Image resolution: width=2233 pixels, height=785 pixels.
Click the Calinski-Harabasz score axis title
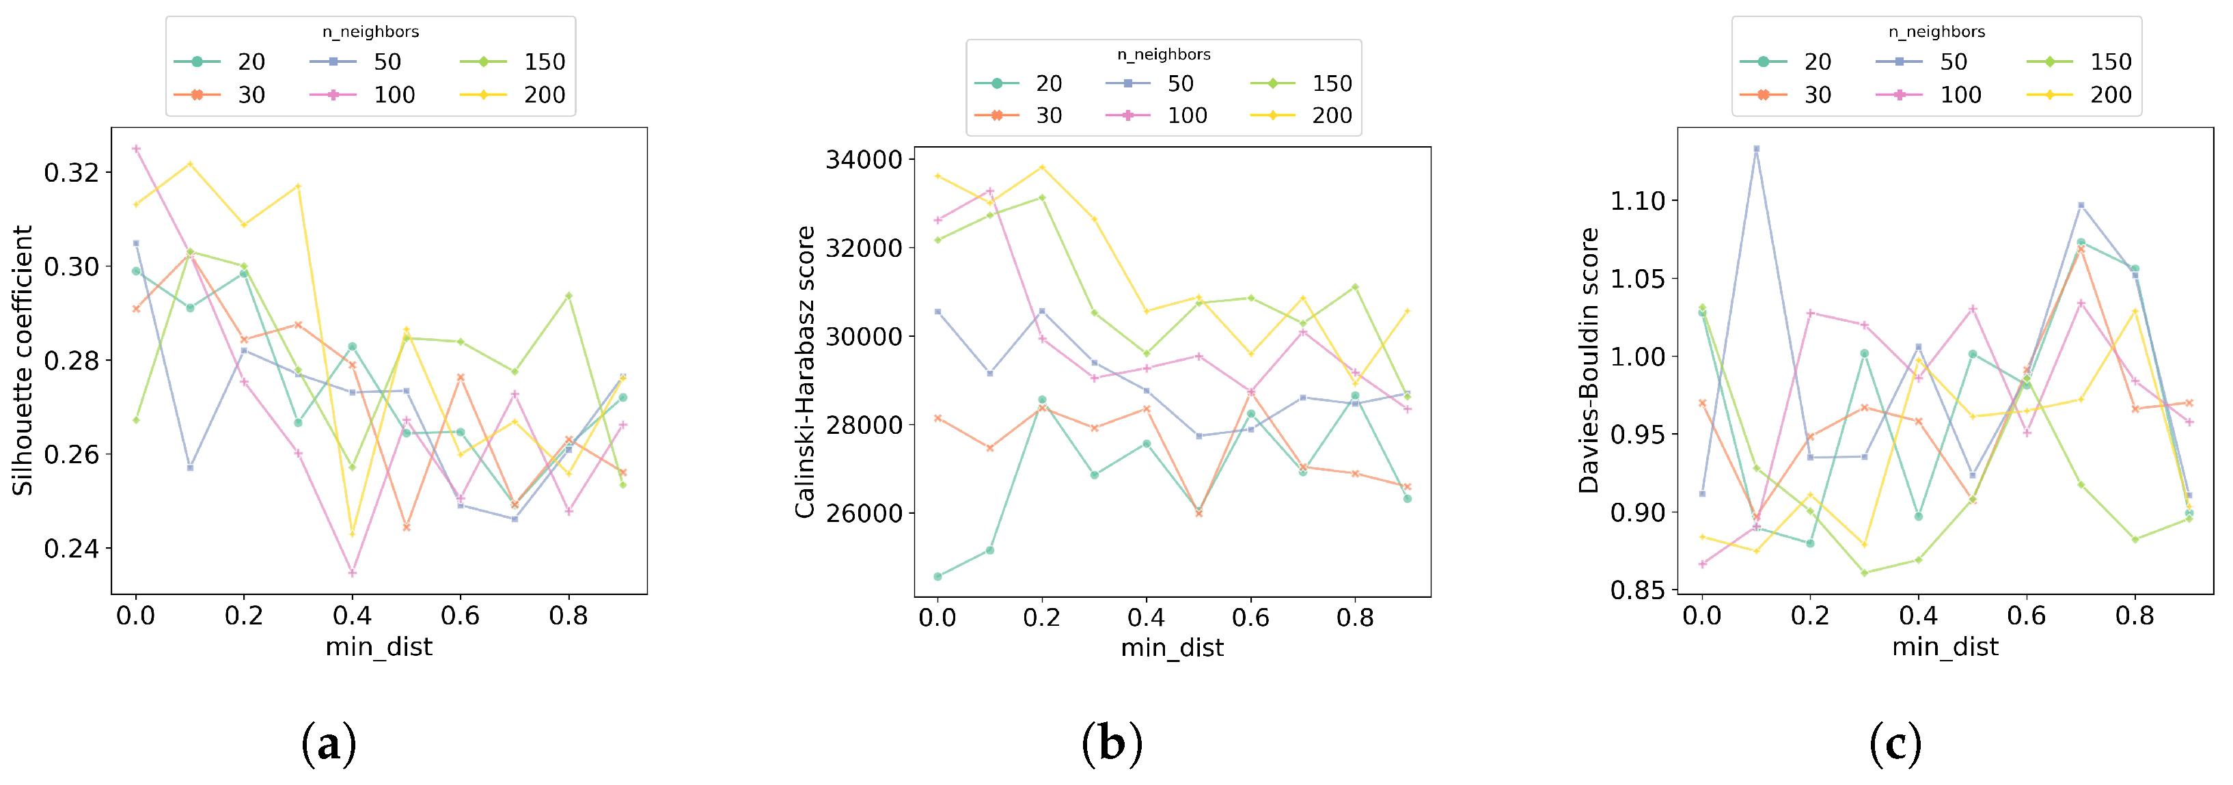tap(804, 372)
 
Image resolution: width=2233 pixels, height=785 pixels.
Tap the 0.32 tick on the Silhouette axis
tap(71, 172)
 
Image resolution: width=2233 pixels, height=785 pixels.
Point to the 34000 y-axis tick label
tap(864, 159)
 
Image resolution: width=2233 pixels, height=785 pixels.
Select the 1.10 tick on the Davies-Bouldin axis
tap(1637, 201)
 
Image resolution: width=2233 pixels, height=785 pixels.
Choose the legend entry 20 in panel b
tap(1048, 83)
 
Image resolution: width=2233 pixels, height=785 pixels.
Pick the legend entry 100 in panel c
tap(1960, 94)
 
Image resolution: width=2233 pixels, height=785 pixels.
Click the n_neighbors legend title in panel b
tap(1164, 55)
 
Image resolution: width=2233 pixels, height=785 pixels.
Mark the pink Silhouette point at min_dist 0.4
tap(352, 573)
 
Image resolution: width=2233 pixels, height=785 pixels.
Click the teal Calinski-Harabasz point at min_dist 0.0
tap(937, 576)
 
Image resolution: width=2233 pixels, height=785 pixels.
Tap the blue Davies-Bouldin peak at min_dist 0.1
tap(1756, 149)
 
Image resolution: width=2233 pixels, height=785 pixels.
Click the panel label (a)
tap(329, 743)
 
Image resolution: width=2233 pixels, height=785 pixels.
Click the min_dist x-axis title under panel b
tap(1172, 648)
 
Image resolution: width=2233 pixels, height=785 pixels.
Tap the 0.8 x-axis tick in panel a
tap(568, 616)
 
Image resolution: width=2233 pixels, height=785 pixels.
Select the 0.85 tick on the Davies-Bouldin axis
tap(1637, 591)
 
